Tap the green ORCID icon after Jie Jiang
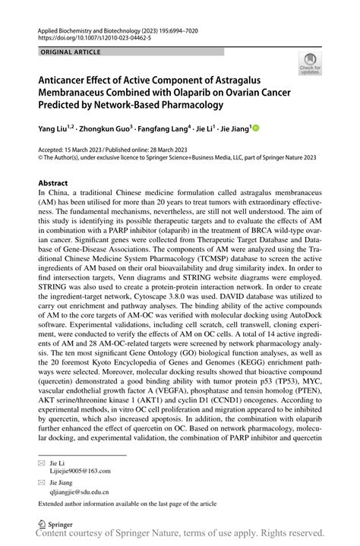click(255, 129)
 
